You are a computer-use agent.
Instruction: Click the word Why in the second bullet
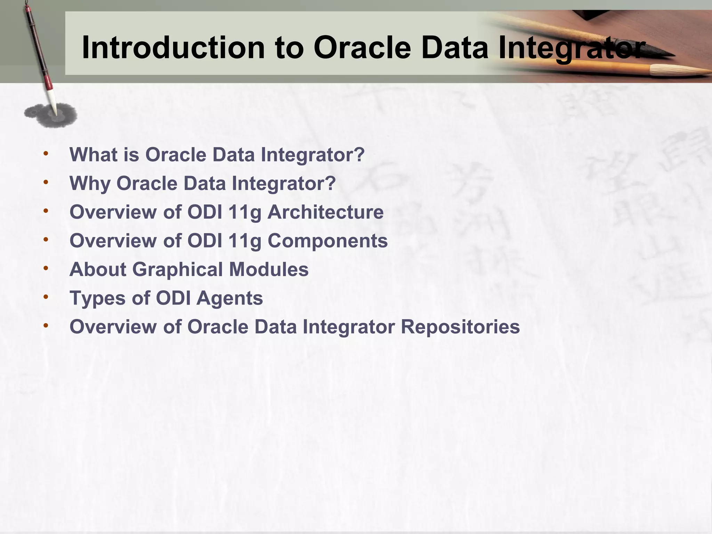click(90, 184)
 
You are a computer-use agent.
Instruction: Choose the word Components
click(327, 241)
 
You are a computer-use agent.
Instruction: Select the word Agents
click(230, 298)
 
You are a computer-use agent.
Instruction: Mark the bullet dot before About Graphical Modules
click(46, 269)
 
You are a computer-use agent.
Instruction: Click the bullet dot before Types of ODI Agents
click(46, 297)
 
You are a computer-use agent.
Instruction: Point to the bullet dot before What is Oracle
click(46, 154)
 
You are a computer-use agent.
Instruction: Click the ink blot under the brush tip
click(51, 114)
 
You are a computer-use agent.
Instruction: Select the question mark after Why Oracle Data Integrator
click(330, 183)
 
